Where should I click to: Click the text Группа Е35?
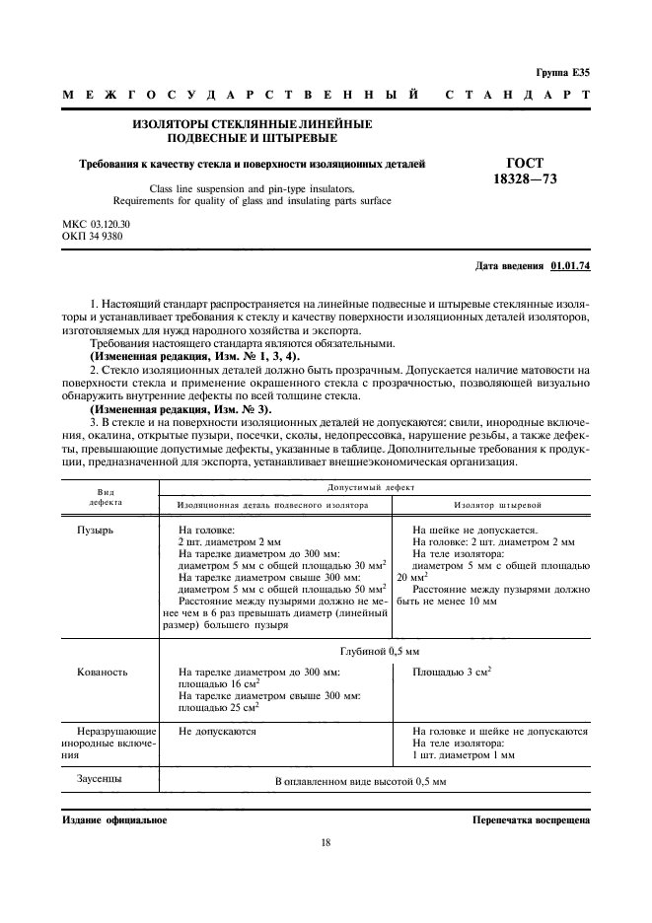click(562, 72)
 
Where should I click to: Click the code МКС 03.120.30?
click(97, 225)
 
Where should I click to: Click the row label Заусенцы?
click(100, 779)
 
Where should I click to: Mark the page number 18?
click(326, 842)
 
